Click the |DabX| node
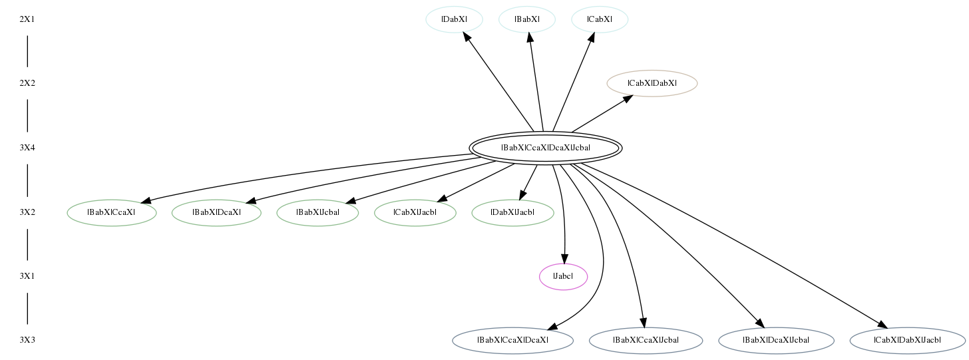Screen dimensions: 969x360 454,19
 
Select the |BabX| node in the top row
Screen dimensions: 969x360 527,19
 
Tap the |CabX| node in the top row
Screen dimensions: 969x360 600,19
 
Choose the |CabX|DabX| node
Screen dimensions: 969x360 652,83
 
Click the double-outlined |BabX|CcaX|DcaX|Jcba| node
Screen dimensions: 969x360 546,148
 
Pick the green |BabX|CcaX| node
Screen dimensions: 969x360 112,212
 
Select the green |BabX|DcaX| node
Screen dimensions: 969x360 216,212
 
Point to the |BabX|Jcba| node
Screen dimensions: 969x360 317,212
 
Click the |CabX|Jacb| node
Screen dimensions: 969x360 415,212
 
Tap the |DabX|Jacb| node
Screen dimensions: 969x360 512,212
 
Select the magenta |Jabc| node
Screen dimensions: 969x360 563,277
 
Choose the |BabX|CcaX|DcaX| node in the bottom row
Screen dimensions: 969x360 512,341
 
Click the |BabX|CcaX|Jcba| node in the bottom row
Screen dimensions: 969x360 646,341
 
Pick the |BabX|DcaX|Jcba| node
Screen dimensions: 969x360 776,341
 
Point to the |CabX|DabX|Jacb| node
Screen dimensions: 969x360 907,341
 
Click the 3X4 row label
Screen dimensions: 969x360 27,148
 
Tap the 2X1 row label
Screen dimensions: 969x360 27,19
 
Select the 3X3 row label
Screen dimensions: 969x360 27,341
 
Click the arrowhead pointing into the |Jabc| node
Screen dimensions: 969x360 564,259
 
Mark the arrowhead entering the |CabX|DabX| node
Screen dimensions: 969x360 628,98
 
